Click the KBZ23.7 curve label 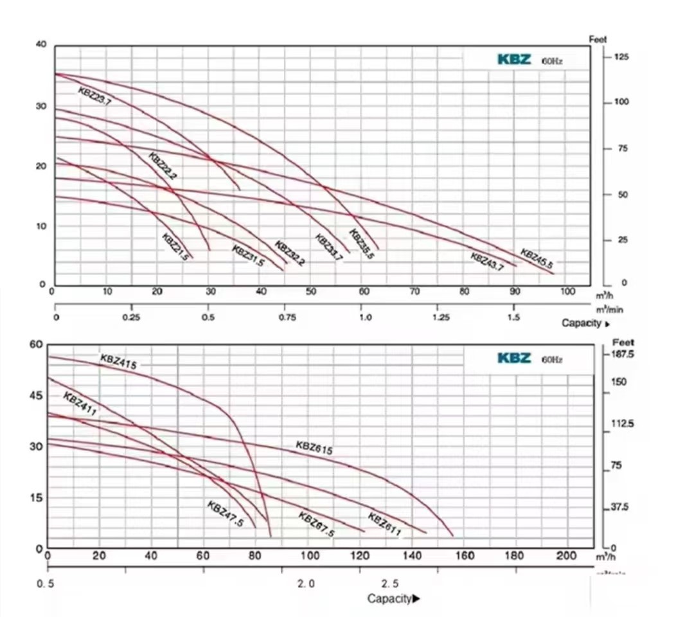point(94,94)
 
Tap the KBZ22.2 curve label point(163,165)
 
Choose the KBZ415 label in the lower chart point(118,362)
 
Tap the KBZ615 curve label point(314,448)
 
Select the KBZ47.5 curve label point(226,514)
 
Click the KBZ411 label point(80,404)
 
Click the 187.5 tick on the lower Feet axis point(623,354)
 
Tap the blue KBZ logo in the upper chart point(514,60)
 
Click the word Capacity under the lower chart point(389,598)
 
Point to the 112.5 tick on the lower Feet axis point(622,424)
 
